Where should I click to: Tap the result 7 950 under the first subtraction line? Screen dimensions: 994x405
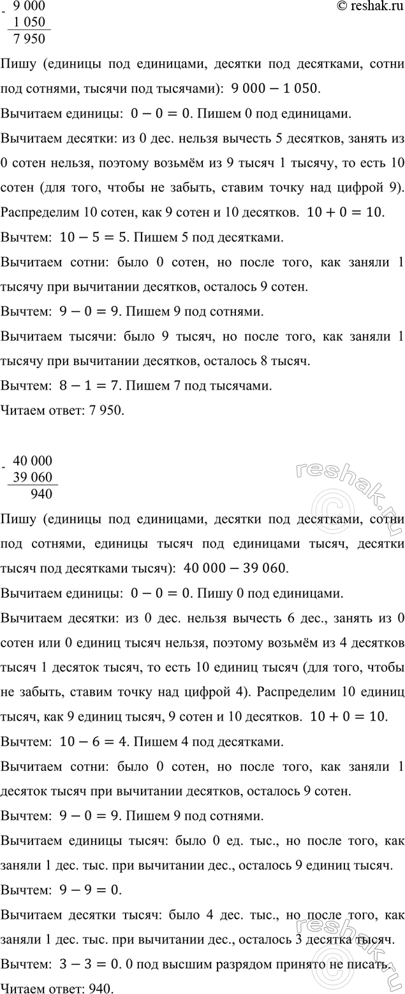[30, 39]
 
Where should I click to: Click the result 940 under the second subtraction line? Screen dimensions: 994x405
[41, 493]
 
